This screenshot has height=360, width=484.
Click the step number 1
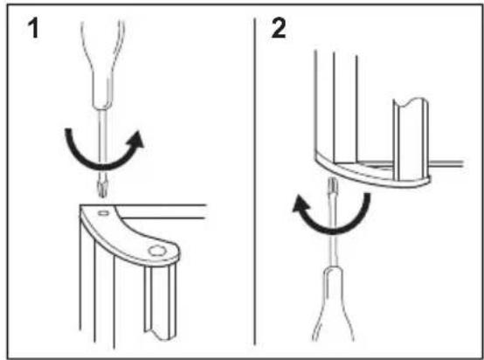click(33, 28)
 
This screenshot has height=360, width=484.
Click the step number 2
click(279, 28)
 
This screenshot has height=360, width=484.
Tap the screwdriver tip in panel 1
click(102, 190)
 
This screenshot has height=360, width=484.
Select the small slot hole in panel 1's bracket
click(103, 212)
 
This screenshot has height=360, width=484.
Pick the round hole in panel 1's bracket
click(157, 251)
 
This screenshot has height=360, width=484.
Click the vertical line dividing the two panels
click(254, 182)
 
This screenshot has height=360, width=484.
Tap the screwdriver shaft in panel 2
click(332, 229)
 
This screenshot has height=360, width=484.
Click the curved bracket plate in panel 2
click(370, 174)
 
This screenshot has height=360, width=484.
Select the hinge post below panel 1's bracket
click(160, 301)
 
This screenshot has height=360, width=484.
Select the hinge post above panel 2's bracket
click(411, 139)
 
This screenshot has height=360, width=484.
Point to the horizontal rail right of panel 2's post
click(446, 163)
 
